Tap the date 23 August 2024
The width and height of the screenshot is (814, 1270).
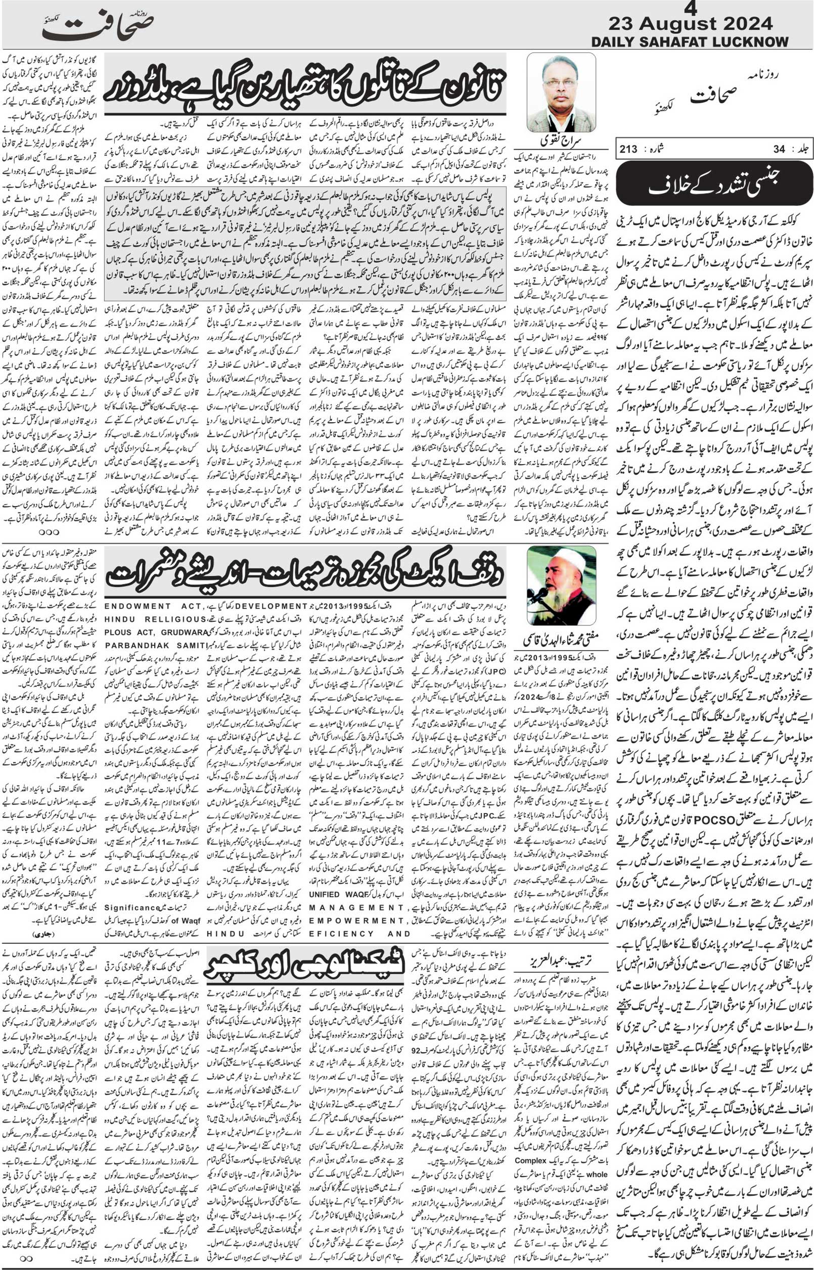pyautogui.click(x=690, y=24)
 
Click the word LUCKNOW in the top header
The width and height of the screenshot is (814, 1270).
pyautogui.click(x=751, y=42)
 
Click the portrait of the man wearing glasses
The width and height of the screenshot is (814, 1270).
pyautogui.click(x=561, y=93)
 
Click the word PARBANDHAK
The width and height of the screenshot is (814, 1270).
pyautogui.click(x=139, y=645)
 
